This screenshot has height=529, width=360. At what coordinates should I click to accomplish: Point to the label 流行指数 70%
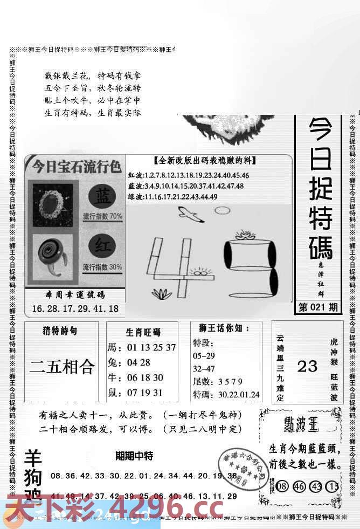pos(102,217)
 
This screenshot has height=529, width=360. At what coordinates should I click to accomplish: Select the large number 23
pos(308,367)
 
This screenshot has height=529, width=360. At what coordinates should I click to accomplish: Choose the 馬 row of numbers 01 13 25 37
pos(142,347)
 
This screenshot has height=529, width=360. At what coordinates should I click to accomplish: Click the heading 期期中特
pos(134,456)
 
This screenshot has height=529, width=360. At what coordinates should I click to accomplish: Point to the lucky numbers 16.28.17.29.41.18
pos(75,309)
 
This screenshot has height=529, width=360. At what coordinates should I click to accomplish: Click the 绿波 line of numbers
pos(173,197)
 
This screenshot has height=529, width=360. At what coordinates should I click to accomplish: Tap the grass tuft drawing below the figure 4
pos(162,294)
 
